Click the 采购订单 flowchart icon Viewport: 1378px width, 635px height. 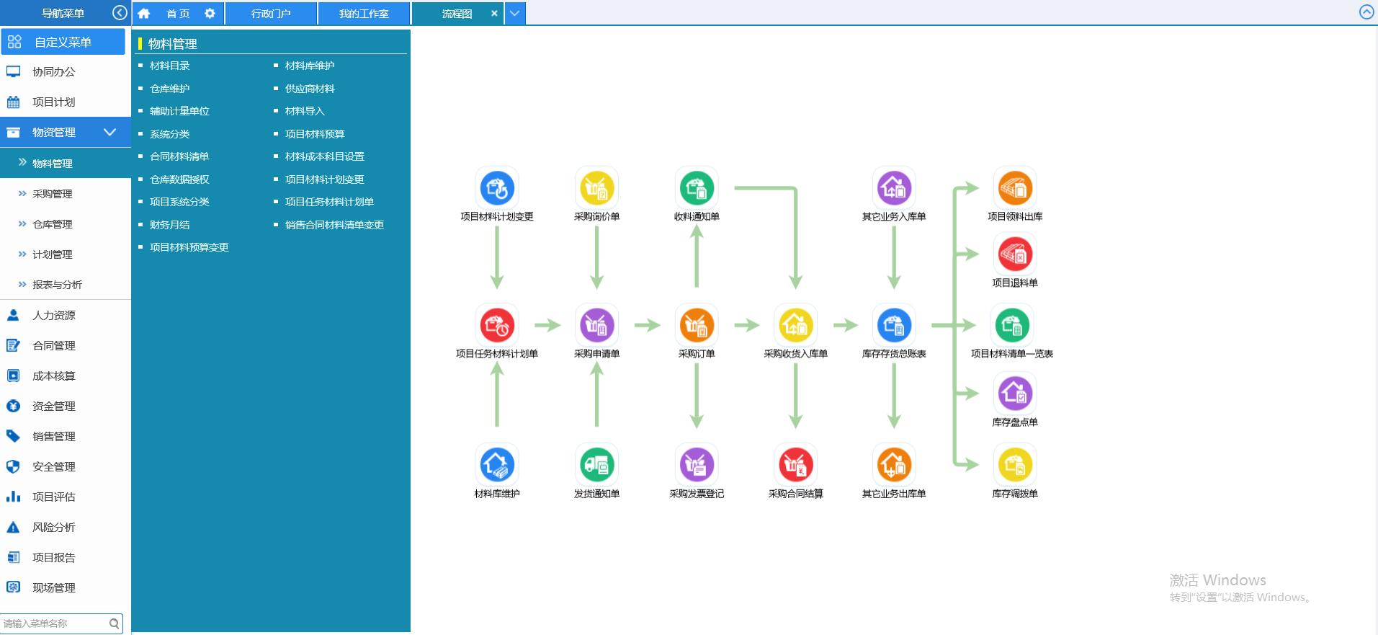[696, 326]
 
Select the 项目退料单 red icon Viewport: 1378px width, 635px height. [1014, 254]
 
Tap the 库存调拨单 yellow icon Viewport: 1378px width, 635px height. [1014, 465]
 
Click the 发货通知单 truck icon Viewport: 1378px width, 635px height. [596, 465]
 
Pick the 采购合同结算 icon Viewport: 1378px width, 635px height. [795, 465]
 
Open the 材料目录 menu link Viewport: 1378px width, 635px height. [169, 66]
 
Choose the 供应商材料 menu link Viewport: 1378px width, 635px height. [310, 89]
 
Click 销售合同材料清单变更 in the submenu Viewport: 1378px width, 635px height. [334, 225]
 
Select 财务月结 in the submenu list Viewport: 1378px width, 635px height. [169, 225]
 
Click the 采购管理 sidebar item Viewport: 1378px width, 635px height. [52, 194]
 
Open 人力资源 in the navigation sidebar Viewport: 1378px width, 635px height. [53, 315]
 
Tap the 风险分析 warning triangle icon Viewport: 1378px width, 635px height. [13, 527]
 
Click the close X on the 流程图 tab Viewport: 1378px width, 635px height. [494, 13]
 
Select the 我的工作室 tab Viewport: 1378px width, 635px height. [364, 14]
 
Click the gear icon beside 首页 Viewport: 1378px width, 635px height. [210, 13]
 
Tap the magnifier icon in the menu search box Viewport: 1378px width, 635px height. [114, 623]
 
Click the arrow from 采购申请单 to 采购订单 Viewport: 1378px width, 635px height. [647, 325]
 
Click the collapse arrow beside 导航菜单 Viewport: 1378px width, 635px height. [120, 13]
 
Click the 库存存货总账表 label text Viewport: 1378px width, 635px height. [894, 354]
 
